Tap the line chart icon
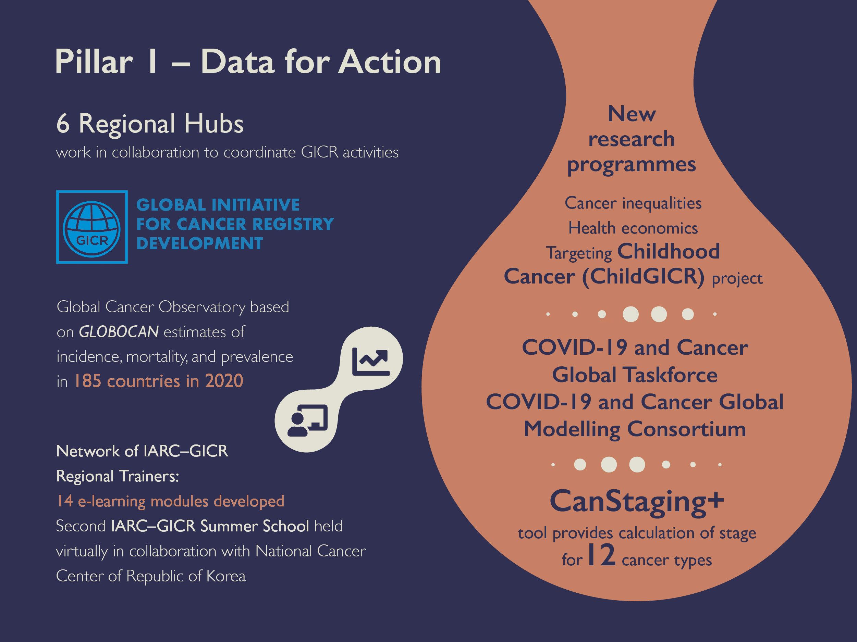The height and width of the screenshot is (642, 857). click(x=371, y=362)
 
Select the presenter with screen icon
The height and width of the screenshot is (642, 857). click(x=308, y=420)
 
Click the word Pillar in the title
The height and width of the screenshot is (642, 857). click(x=94, y=62)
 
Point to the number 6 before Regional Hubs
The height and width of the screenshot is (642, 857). click(x=63, y=124)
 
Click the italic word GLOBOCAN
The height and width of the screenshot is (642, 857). click(x=119, y=332)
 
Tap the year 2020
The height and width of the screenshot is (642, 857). click(x=224, y=381)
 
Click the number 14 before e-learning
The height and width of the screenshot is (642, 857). click(x=65, y=501)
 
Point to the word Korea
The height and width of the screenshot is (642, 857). click(x=226, y=576)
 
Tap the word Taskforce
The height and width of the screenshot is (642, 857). click(x=671, y=375)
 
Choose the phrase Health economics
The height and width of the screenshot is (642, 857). click(x=633, y=228)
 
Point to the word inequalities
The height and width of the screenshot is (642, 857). click(x=662, y=203)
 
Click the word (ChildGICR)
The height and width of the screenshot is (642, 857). click(x=644, y=276)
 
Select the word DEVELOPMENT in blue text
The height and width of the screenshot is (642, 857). click(x=199, y=243)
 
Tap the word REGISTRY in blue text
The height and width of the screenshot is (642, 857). click(x=293, y=224)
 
